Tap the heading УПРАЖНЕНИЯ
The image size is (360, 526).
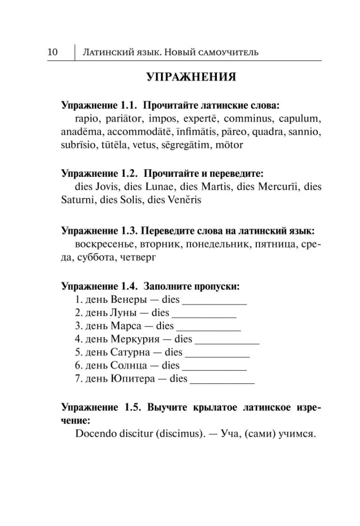click(190, 78)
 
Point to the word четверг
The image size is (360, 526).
click(138, 258)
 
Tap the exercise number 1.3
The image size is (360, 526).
click(126, 231)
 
